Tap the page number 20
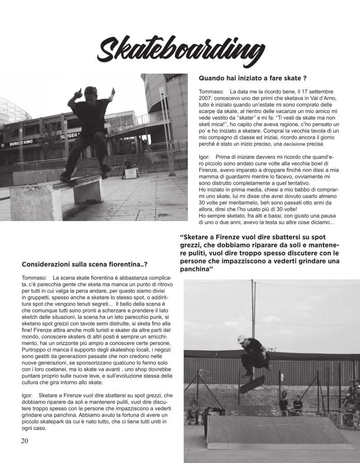(x=24, y=441)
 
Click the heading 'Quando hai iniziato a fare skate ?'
(x=253, y=78)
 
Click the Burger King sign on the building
(x=22, y=143)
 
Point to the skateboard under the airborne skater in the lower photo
(x=252, y=384)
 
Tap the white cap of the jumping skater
(x=241, y=338)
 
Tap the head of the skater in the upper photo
(x=90, y=92)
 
